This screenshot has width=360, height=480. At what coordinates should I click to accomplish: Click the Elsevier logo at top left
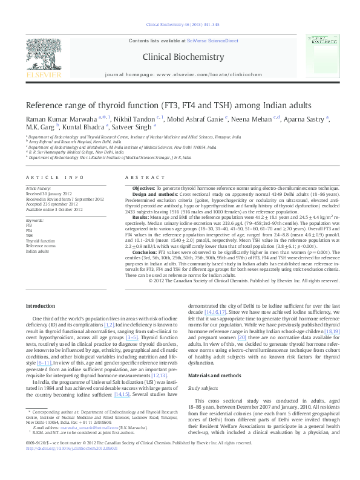coord(43,58)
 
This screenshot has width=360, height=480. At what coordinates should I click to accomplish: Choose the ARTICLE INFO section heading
coord(54,177)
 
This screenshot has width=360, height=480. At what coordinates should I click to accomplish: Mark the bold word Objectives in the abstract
coord(143,189)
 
